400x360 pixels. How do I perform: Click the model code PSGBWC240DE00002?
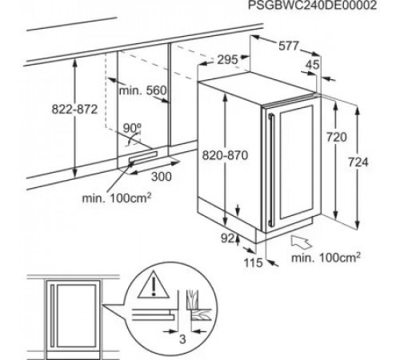click(312, 5)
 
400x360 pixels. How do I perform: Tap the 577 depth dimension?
click(289, 46)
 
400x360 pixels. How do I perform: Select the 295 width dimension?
click(227, 60)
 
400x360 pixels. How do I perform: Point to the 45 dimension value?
click(312, 65)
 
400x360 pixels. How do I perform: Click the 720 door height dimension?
click(337, 138)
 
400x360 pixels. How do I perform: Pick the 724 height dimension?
click(358, 162)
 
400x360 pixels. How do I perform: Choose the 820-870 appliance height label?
click(225, 155)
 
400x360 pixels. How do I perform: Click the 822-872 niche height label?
click(74, 110)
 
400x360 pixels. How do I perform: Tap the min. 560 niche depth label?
click(142, 90)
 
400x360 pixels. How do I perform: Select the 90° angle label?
click(132, 128)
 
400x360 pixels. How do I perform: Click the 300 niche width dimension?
click(162, 177)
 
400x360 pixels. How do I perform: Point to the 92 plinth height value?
click(228, 238)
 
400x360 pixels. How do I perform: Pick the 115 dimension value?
click(254, 263)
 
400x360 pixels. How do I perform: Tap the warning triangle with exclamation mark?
click(154, 285)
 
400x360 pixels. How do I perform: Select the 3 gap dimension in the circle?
click(182, 339)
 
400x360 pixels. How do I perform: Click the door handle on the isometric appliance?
click(271, 170)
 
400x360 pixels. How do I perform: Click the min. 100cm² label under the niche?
click(117, 198)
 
